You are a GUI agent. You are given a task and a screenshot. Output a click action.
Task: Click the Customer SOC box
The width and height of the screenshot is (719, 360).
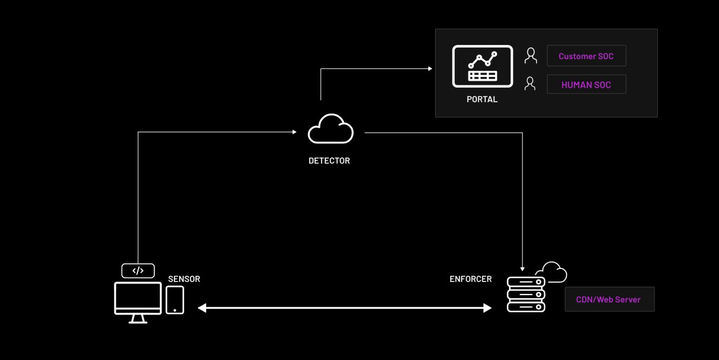pyautogui.click(x=586, y=56)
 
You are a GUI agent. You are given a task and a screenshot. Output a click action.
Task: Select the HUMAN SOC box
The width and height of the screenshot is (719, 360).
pyautogui.click(x=586, y=84)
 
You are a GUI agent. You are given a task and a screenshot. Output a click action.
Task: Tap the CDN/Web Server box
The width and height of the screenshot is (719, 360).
pyautogui.click(x=610, y=299)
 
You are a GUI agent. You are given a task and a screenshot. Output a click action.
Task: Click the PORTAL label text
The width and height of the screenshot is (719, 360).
pyautogui.click(x=482, y=100)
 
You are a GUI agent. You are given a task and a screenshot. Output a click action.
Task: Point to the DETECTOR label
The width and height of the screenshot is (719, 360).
pyautogui.click(x=329, y=161)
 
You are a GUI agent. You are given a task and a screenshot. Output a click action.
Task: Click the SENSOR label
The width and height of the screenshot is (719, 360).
pyautogui.click(x=184, y=279)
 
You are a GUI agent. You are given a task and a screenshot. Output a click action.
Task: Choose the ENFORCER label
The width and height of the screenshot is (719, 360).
pyautogui.click(x=470, y=279)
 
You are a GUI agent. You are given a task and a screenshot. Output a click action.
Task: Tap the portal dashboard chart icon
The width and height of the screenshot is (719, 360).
pyautogui.click(x=482, y=67)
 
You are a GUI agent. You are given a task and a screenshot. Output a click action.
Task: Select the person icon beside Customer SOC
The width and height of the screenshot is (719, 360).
pyautogui.click(x=531, y=56)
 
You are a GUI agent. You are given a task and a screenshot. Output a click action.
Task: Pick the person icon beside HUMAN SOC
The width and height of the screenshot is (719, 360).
pyautogui.click(x=530, y=84)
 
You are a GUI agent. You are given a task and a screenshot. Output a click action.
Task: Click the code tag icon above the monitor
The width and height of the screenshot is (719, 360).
pyautogui.click(x=138, y=271)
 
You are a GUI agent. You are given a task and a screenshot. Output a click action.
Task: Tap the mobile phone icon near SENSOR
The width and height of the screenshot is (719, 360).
pyautogui.click(x=175, y=300)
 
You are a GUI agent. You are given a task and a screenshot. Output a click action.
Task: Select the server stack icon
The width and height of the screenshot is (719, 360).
pyautogui.click(x=526, y=294)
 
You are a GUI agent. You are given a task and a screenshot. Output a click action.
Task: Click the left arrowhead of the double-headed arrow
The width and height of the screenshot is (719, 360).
pyautogui.click(x=202, y=308)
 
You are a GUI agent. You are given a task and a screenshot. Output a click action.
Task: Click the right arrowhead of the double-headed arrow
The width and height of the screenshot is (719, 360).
pyautogui.click(x=488, y=308)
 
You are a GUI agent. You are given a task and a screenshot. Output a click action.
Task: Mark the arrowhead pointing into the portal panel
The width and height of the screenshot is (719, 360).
pyautogui.click(x=430, y=69)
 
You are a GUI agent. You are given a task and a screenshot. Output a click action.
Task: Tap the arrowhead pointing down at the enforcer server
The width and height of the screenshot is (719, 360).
pyautogui.click(x=522, y=269)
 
